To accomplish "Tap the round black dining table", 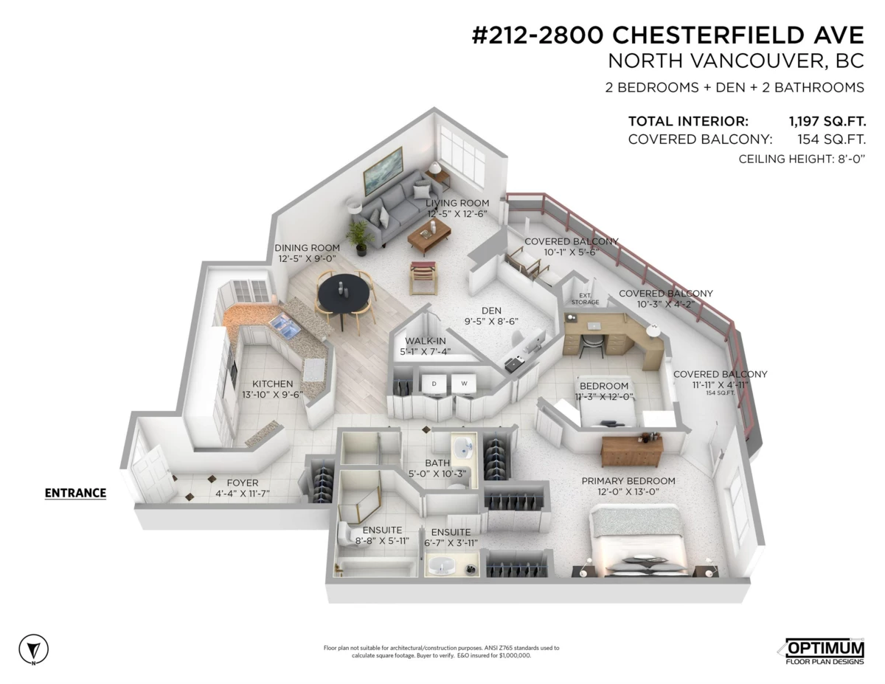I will (x=344, y=293).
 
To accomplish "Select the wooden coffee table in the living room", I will (x=429, y=236).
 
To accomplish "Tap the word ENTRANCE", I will (x=75, y=493).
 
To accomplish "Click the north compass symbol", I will (x=33, y=649).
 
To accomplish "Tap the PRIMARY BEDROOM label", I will (x=628, y=481).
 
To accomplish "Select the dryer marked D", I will (x=434, y=384).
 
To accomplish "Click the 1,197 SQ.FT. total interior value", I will (x=827, y=121).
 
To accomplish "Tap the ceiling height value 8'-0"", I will (x=849, y=159).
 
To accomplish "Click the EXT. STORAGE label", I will (x=585, y=299).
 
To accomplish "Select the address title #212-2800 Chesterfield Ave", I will (x=667, y=35).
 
